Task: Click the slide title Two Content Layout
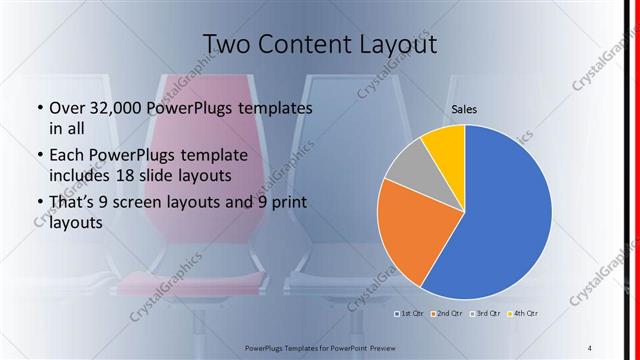coord(320,44)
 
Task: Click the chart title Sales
coord(464,111)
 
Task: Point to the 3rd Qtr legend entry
coord(484,314)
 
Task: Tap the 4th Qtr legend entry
coord(523,314)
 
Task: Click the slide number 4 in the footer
coord(590,346)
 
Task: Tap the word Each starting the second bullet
coord(67,156)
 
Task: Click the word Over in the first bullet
coord(67,108)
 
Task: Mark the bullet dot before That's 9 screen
coord(39,204)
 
